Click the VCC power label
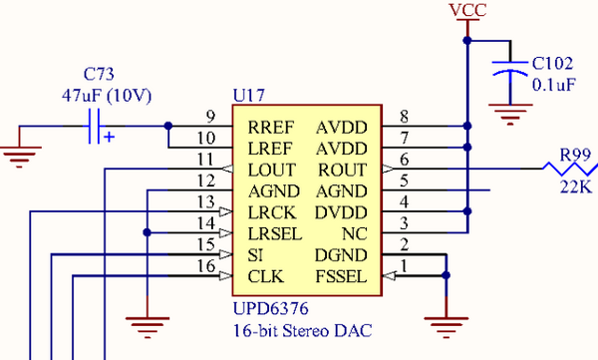coord(466,11)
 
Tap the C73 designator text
coord(100,74)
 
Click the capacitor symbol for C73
coord(98,127)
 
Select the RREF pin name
coord(271,127)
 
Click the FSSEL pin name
coord(343,275)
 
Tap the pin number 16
coord(206,266)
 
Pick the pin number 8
coord(404,117)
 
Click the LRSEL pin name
coord(275,233)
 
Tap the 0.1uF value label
coord(554,85)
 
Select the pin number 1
coord(404,266)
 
